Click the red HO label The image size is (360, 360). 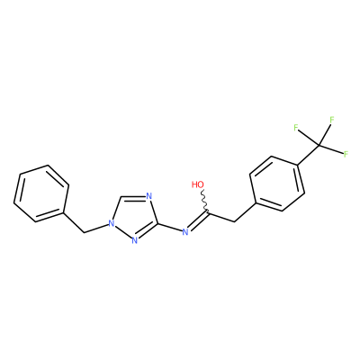tap(198, 184)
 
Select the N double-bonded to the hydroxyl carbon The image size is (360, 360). tap(185, 231)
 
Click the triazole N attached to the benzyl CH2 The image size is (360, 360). tap(112, 223)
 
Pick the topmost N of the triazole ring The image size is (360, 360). tap(149, 197)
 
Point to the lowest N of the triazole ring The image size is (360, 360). tap(135, 240)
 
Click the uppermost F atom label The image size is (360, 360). tap(332, 120)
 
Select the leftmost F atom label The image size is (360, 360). tap(296, 128)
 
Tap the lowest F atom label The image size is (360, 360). tap(346, 154)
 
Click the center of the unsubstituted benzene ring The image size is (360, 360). tap(41, 193)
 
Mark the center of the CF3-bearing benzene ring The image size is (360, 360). tap(277, 184)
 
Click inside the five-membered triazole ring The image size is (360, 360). tap(133, 217)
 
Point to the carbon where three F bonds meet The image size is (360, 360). tap(319, 146)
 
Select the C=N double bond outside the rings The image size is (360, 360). tap(198, 221)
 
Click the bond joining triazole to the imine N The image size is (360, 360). tap(169, 227)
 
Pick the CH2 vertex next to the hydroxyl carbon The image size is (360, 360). tap(233, 222)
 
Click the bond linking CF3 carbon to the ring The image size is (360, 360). tap(308, 155)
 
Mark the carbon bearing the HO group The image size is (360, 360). tap(208, 213)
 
